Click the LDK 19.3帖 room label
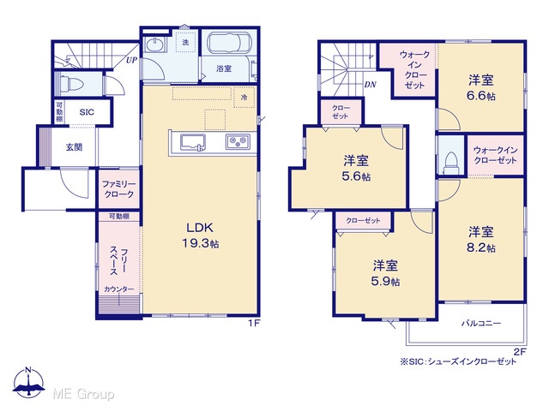[200, 235]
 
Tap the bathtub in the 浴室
[229, 43]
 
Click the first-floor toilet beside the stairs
[72, 84]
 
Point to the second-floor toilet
[451, 164]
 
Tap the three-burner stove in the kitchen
[238, 142]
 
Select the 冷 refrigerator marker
[244, 97]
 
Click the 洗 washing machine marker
[185, 42]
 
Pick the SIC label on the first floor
[87, 112]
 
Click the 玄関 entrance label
[75, 147]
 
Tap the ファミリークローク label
[118, 189]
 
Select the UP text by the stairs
[131, 60]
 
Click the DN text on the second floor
[370, 84]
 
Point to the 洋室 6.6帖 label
[481, 87]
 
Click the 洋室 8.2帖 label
[481, 240]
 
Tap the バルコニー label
[480, 324]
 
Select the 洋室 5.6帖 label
[356, 169]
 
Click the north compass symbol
[28, 383]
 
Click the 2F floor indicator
[521, 352]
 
